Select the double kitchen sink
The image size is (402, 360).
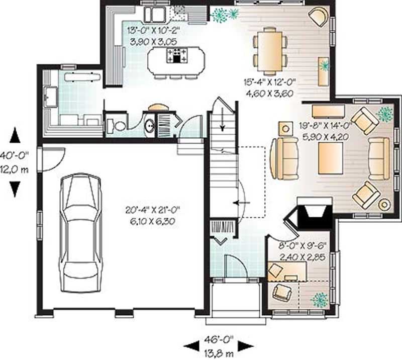[x=156, y=14]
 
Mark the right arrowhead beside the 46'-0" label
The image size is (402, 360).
[x=245, y=345]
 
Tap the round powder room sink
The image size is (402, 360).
[x=149, y=125]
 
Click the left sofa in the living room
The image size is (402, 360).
[x=283, y=158]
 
